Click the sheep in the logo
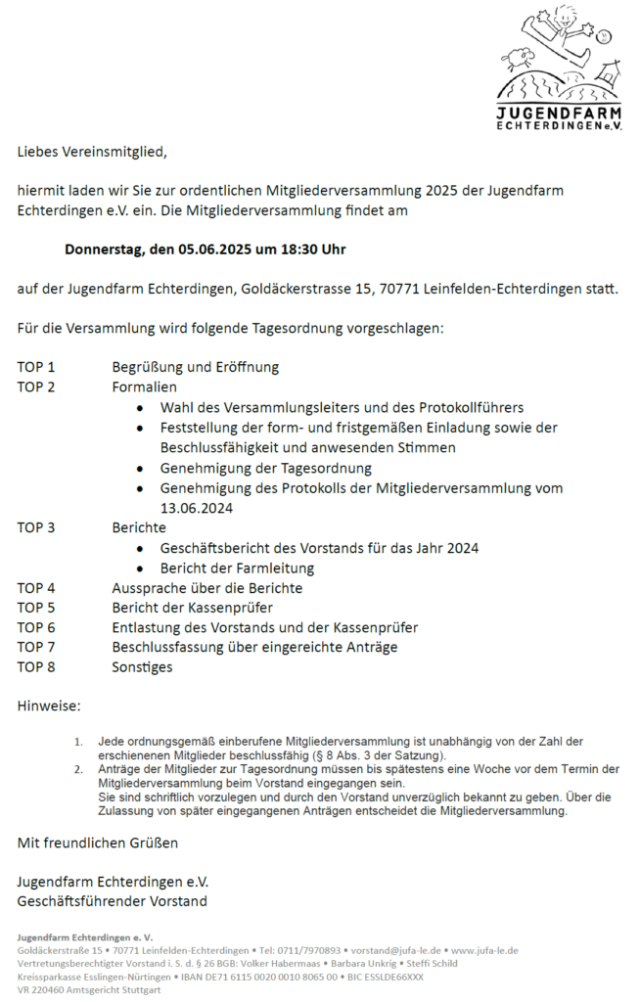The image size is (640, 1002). (x=520, y=56)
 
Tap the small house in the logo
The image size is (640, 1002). (x=610, y=72)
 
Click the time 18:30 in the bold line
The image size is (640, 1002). (x=298, y=250)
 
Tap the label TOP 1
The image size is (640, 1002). (x=36, y=367)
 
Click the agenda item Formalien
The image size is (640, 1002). (x=144, y=387)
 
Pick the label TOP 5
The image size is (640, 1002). (x=36, y=608)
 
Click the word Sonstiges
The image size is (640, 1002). (x=142, y=666)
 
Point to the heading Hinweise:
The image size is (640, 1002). (x=49, y=706)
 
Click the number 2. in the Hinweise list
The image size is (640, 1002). (x=79, y=769)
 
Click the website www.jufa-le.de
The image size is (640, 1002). (x=484, y=950)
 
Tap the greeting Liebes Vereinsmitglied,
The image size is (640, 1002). (x=92, y=152)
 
